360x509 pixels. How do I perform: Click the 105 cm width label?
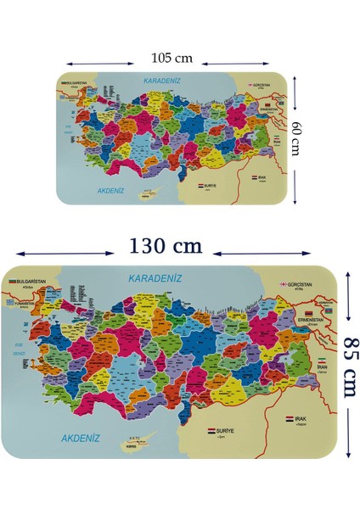[x=172, y=58]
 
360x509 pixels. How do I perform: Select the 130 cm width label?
[x=166, y=246]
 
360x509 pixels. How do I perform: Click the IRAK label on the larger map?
[x=301, y=419]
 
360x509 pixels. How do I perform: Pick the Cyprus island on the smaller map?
[x=149, y=193]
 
